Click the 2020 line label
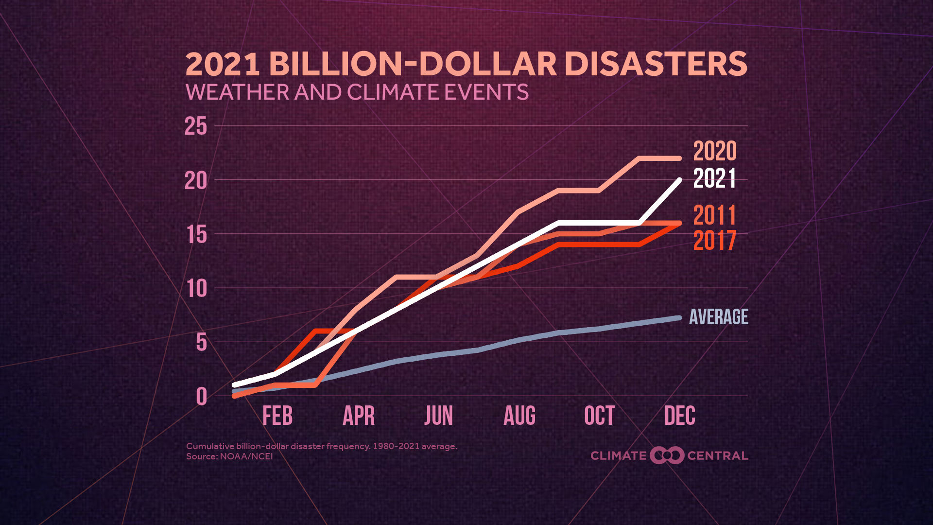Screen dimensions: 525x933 (x=714, y=151)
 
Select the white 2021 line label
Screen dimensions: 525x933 (x=714, y=178)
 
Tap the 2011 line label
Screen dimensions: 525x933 (x=714, y=215)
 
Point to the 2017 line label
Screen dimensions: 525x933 (x=714, y=241)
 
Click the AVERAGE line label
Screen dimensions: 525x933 (x=718, y=317)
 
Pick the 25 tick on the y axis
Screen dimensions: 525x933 (x=196, y=127)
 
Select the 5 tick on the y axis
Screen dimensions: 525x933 (x=202, y=343)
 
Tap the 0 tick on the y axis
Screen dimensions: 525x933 (x=202, y=397)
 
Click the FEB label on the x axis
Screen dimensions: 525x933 (x=277, y=416)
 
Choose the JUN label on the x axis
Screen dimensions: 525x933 (x=438, y=416)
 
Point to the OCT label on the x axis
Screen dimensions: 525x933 (x=599, y=416)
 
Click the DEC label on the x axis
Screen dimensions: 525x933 (x=679, y=416)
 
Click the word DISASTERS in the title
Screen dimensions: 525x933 (x=656, y=64)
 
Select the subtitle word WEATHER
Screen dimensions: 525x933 (x=238, y=92)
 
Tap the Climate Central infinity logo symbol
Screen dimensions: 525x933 (x=667, y=455)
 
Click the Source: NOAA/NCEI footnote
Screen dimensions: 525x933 (x=229, y=456)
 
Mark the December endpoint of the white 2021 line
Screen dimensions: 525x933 (x=679, y=180)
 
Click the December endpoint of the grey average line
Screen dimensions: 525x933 (x=679, y=318)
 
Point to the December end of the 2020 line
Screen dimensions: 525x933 (x=679, y=158)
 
